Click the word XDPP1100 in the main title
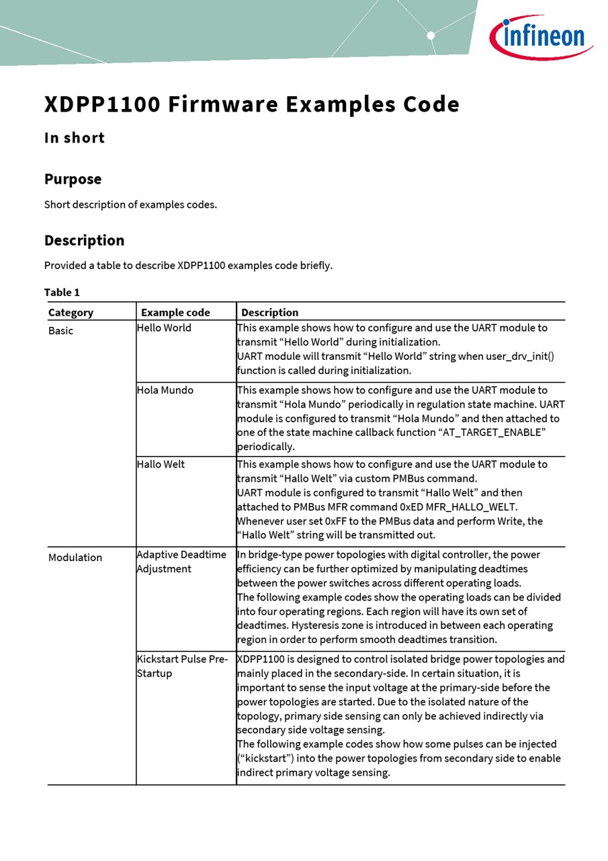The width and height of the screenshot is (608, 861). tap(102, 105)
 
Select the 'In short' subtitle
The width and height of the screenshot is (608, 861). tap(75, 138)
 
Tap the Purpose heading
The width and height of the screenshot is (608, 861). tap(73, 179)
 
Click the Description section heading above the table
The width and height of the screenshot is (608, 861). tap(84, 240)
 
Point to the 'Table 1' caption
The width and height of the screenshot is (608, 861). tap(62, 292)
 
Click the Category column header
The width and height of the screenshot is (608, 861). tap(71, 312)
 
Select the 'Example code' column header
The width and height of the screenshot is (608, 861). tap(175, 312)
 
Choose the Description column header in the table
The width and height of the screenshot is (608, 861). tap(269, 312)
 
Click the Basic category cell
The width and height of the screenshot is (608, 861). tap(60, 330)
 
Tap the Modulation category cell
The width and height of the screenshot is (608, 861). tap(75, 557)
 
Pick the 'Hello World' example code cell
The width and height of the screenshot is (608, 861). tap(164, 328)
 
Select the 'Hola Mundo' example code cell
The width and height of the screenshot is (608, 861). tap(165, 390)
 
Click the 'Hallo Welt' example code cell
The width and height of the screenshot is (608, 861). tap(161, 464)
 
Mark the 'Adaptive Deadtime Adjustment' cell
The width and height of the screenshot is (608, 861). tap(181, 562)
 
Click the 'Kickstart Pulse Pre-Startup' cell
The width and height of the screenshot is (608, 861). tap(182, 666)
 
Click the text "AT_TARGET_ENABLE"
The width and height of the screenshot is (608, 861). tap(493, 433)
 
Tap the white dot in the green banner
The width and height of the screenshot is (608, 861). tap(431, 36)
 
